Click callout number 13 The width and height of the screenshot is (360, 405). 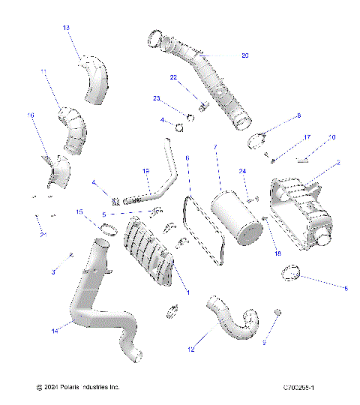66,28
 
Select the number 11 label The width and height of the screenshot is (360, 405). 43,72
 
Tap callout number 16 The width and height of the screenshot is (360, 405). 31,115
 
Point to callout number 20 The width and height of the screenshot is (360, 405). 245,55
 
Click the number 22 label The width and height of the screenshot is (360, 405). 173,77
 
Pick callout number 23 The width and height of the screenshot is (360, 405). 157,98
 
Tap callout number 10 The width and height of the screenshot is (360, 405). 332,137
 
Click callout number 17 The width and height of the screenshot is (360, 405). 307,137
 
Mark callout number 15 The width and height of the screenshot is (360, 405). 79,212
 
